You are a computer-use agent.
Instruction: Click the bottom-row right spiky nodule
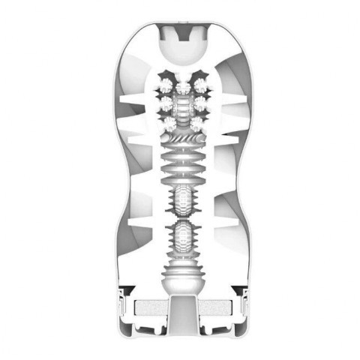tap(196, 121)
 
